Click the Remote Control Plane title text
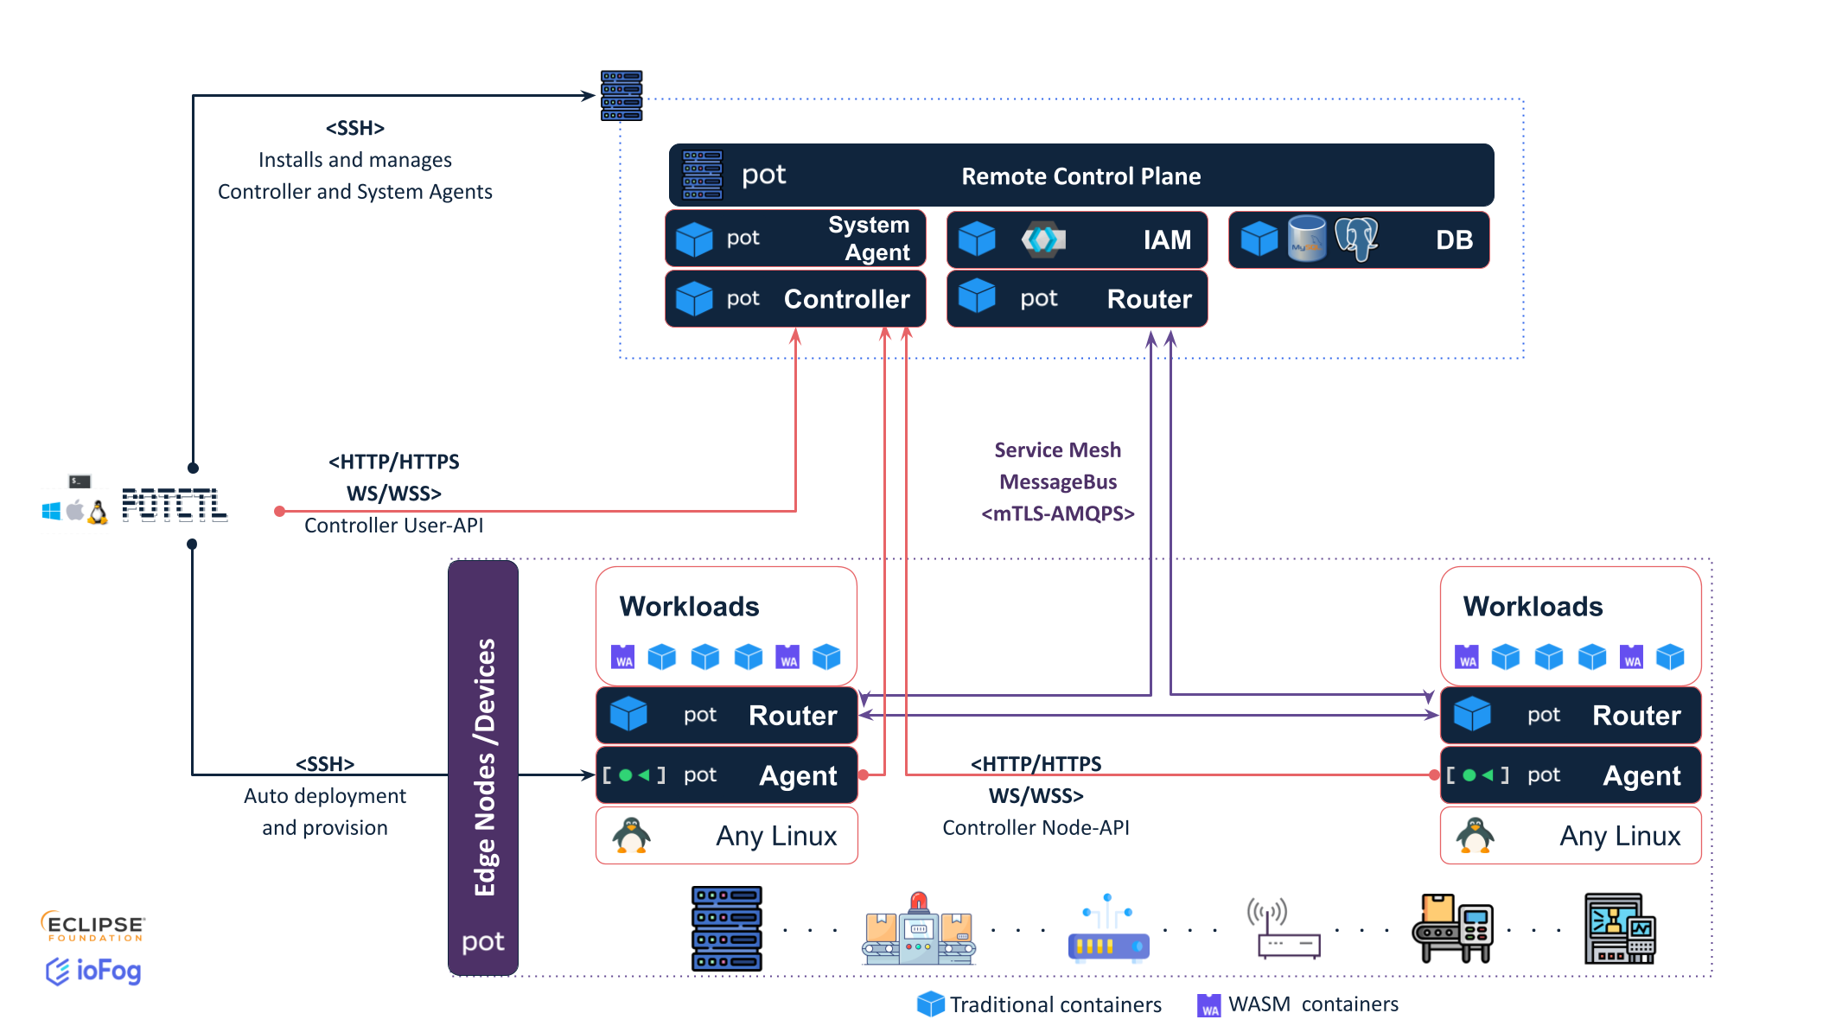(x=1080, y=176)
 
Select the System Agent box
(x=795, y=239)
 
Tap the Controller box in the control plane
(x=795, y=299)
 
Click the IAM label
(x=1167, y=239)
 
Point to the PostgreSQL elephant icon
(x=1356, y=238)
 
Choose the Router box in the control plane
(x=1077, y=299)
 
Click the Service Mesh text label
(x=1057, y=450)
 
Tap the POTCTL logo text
(x=175, y=505)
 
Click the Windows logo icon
(x=52, y=512)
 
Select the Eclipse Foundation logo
(x=93, y=926)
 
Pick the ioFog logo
(x=93, y=971)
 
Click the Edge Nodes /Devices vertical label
(x=484, y=767)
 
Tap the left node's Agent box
(x=726, y=775)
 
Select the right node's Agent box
(x=1570, y=775)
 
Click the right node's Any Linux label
(x=1620, y=836)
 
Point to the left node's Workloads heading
(x=689, y=607)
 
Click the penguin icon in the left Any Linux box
(x=631, y=835)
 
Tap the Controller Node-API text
(x=1036, y=828)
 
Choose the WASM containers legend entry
(x=1297, y=1004)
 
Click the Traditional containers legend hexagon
(x=930, y=1004)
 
